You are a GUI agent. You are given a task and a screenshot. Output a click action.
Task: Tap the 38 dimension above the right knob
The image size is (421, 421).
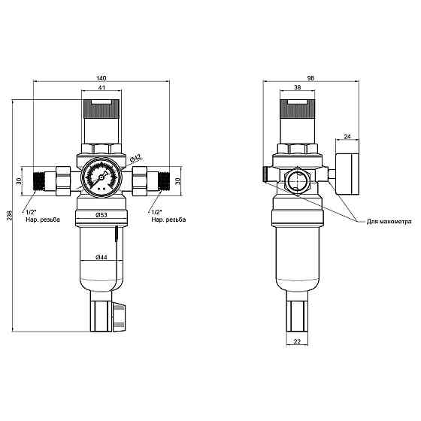tap(297, 89)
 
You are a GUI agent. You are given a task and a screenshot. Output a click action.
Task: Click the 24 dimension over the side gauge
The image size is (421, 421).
tap(347, 136)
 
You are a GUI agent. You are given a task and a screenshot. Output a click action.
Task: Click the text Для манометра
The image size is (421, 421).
tap(389, 222)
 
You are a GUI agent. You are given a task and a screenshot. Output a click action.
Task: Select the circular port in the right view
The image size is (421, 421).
tap(296, 181)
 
